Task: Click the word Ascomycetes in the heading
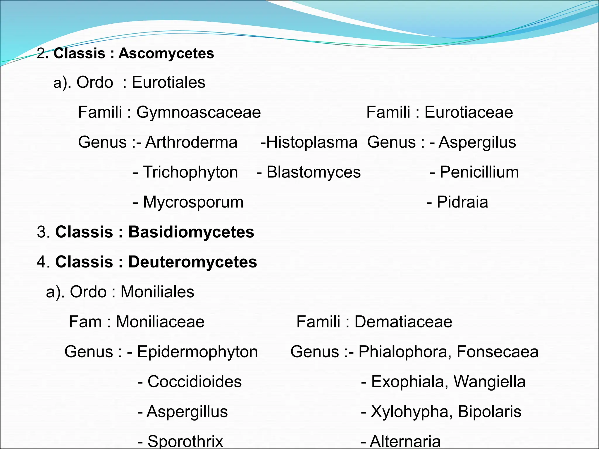coord(166,53)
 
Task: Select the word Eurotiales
coord(168,82)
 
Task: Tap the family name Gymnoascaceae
coord(198,112)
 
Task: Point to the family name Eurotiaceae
coord(469,112)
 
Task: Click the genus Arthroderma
coord(191,142)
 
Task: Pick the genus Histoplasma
coord(312,142)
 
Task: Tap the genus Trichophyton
coord(190,172)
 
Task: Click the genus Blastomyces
coord(314,172)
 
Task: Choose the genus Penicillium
coord(479,172)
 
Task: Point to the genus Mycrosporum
coord(193,202)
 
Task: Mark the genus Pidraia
coord(462,202)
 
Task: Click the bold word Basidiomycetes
coord(191,232)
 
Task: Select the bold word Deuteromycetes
coord(192,262)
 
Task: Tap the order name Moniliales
coord(157,292)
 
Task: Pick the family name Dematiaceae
coord(403,322)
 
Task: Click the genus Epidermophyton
coord(197,352)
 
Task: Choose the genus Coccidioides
coord(194,382)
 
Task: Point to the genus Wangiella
coord(490,382)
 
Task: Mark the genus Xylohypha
coord(409,412)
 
